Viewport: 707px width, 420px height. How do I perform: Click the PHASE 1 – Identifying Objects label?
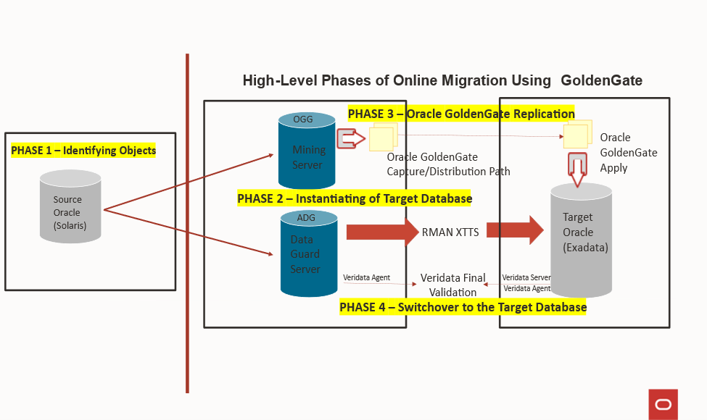coord(83,151)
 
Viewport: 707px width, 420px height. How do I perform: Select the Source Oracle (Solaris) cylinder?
coord(70,207)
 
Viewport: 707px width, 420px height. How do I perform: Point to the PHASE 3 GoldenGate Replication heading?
coord(461,114)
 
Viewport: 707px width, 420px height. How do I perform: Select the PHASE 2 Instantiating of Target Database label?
coord(355,198)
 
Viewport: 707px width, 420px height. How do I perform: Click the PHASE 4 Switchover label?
coord(463,307)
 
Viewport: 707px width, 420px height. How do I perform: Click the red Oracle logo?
coord(663,404)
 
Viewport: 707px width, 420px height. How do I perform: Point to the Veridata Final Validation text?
coord(453,285)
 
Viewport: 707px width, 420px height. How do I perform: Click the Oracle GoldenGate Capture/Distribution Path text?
coord(448,164)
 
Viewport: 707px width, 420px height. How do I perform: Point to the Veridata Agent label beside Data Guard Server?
coord(367,277)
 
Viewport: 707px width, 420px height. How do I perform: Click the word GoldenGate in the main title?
coord(601,80)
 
